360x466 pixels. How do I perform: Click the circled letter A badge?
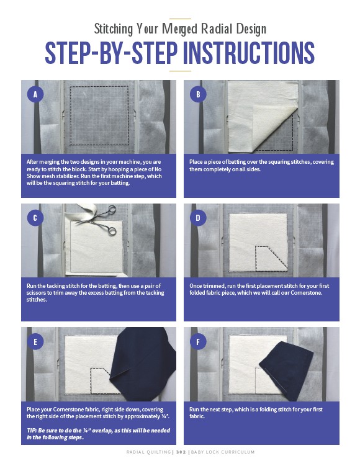[x=35, y=94]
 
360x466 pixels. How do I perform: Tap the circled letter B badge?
[x=198, y=94]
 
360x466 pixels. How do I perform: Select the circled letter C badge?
[x=35, y=218]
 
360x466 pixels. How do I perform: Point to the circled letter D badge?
[x=198, y=218]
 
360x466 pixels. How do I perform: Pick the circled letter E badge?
[x=35, y=341]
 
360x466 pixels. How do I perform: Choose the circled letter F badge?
[x=198, y=341]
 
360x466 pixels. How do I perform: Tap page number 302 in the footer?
[x=181, y=452]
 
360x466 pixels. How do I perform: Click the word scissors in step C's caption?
[x=36, y=293]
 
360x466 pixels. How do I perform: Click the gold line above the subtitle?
[x=180, y=19]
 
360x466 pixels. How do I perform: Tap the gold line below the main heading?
[x=180, y=71]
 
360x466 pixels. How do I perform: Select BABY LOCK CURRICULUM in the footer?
[x=223, y=452]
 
